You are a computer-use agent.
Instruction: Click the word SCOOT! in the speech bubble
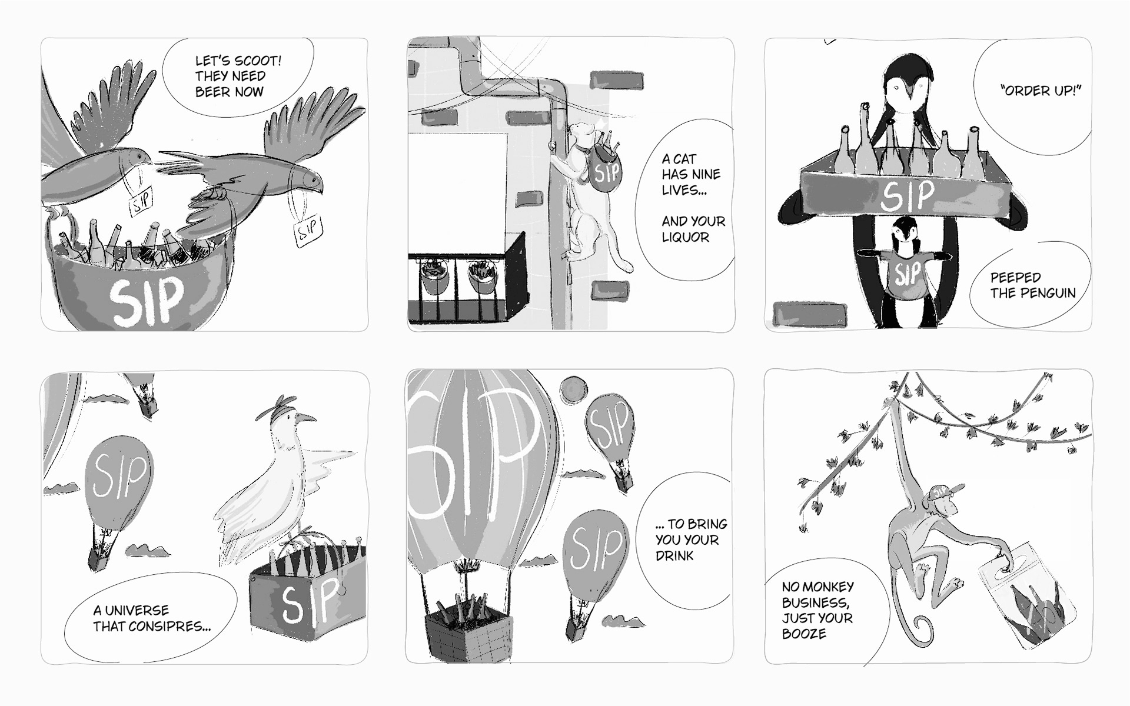coord(258,61)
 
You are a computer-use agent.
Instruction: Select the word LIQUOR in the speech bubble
coord(686,237)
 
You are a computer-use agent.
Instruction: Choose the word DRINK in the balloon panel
coord(675,556)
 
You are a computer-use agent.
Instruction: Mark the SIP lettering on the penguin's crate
coord(907,196)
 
